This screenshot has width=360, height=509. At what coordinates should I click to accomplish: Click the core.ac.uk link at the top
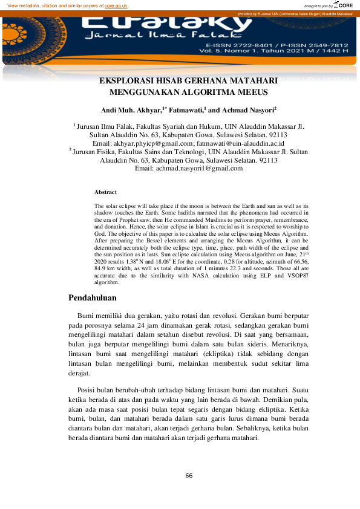pyautogui.click(x=115, y=5)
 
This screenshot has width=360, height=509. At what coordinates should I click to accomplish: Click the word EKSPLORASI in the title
pyautogui.click(x=126, y=80)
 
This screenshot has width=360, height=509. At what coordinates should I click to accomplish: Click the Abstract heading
pyautogui.click(x=105, y=192)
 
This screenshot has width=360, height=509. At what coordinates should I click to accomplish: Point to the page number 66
pyautogui.click(x=189, y=475)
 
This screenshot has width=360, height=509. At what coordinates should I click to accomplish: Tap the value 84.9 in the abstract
pyautogui.click(x=101, y=268)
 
